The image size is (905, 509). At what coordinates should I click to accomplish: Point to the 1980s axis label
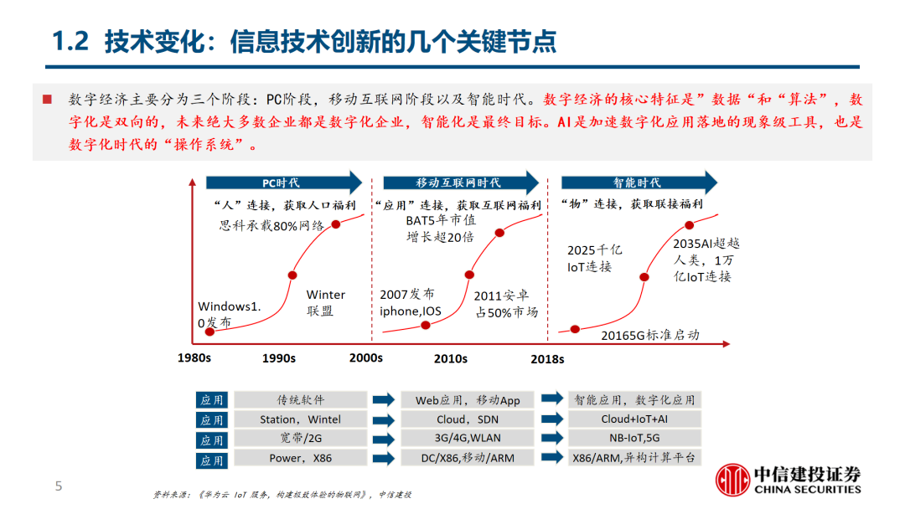click(x=194, y=358)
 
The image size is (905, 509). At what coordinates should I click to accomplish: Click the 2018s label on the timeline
click(x=547, y=358)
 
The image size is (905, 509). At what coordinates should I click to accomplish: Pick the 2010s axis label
click(x=450, y=358)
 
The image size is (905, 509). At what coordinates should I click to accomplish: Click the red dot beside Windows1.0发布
click(x=209, y=332)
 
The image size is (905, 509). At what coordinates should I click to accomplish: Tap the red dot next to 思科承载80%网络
click(x=336, y=224)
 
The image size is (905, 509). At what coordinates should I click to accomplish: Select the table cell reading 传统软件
click(x=301, y=400)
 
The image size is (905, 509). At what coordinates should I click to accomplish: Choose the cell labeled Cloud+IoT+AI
click(x=633, y=420)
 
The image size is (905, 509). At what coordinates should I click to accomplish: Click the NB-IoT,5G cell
click(x=633, y=440)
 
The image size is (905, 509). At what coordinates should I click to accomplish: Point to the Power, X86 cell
click(x=301, y=459)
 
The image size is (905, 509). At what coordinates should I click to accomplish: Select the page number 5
click(x=58, y=486)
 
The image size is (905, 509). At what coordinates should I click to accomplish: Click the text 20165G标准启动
click(x=650, y=335)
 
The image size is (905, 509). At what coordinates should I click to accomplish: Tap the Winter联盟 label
click(x=325, y=302)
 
